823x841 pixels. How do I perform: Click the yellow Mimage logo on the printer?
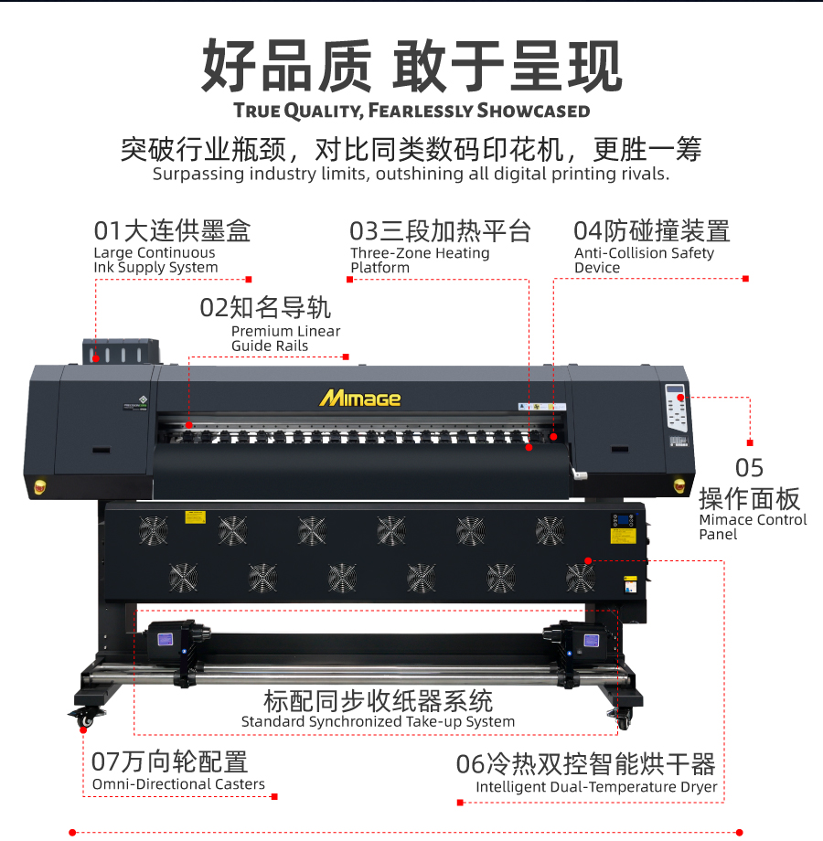coord(360,398)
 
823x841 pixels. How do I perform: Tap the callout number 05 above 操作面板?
coord(749,468)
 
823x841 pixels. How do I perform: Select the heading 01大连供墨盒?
coord(172,231)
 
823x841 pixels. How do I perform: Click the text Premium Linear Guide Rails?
coord(285,338)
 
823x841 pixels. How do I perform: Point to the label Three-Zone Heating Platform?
coord(420,261)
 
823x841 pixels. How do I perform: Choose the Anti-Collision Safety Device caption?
coord(644,261)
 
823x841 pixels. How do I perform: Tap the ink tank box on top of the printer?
coord(121,351)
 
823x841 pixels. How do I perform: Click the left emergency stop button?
coord(39,487)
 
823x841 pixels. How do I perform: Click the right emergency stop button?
coord(679,485)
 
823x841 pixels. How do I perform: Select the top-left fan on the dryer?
coord(154,530)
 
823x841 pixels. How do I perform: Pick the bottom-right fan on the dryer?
coord(581,578)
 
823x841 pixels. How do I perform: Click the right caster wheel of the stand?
coord(623,719)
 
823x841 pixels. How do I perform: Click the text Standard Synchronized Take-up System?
coord(378,722)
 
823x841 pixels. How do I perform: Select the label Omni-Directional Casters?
coord(178,784)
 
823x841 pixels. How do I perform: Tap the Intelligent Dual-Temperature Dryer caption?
coord(596,787)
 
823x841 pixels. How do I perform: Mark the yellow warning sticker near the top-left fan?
coord(196,517)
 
